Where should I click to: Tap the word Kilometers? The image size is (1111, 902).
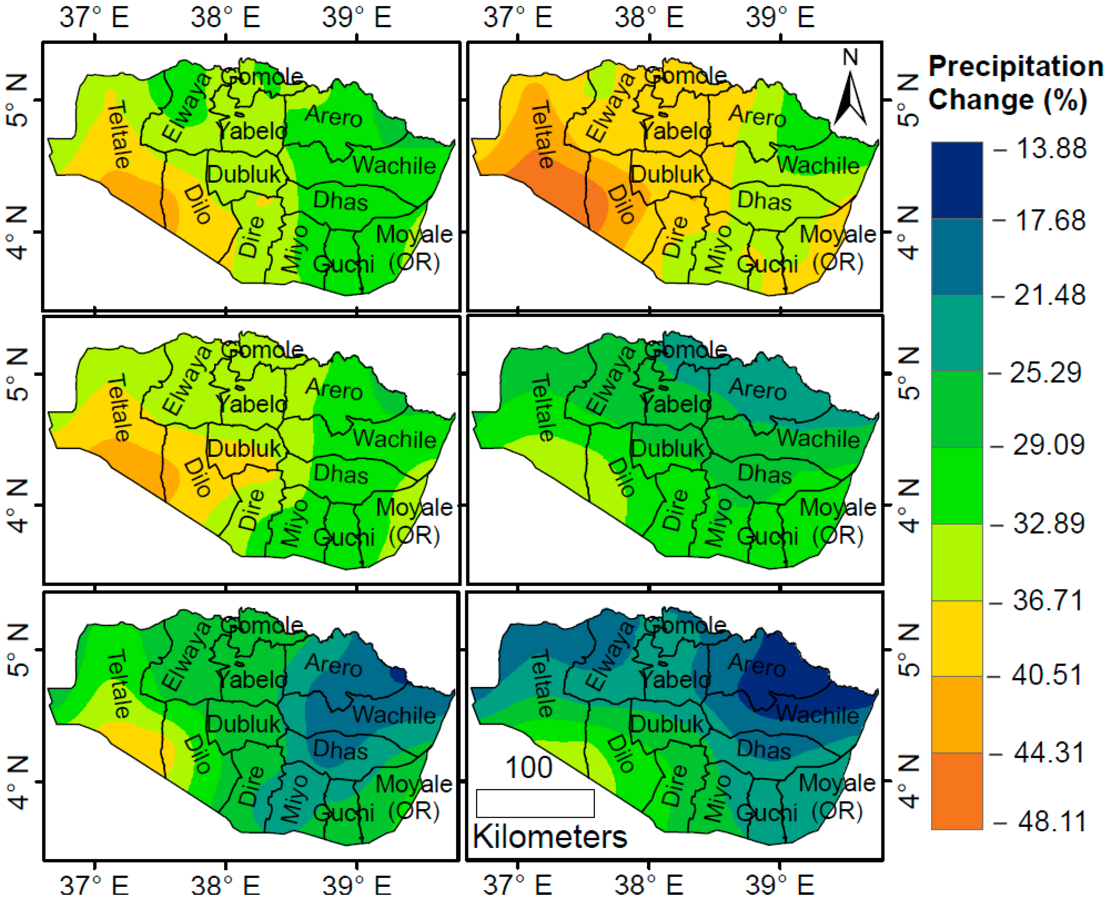(550, 837)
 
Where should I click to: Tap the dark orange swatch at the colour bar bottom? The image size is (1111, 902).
(957, 791)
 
